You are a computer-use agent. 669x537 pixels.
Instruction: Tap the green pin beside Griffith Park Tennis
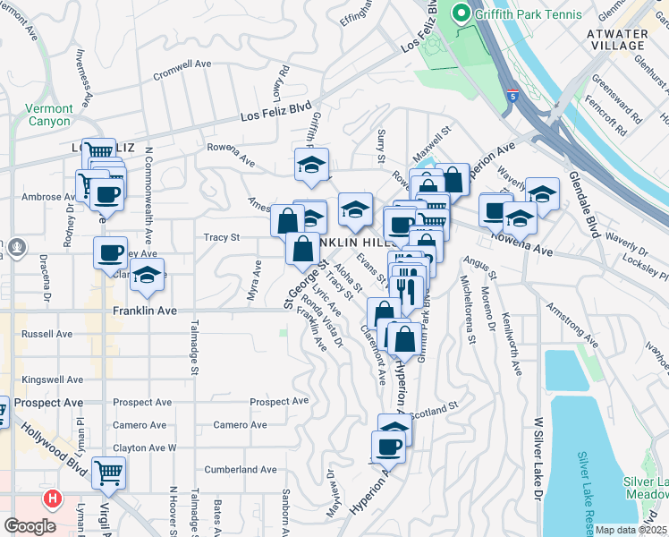462,13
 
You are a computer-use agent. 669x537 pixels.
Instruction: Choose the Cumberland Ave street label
241,469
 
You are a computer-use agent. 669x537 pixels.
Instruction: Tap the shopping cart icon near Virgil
108,472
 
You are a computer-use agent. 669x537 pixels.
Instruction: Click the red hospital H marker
53,499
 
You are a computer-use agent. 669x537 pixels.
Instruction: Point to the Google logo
30,526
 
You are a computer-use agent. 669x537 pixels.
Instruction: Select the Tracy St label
223,237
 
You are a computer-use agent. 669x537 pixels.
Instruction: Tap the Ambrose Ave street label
43,197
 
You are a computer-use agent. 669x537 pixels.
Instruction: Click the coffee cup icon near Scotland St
389,446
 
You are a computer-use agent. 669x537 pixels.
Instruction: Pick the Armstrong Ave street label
572,327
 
